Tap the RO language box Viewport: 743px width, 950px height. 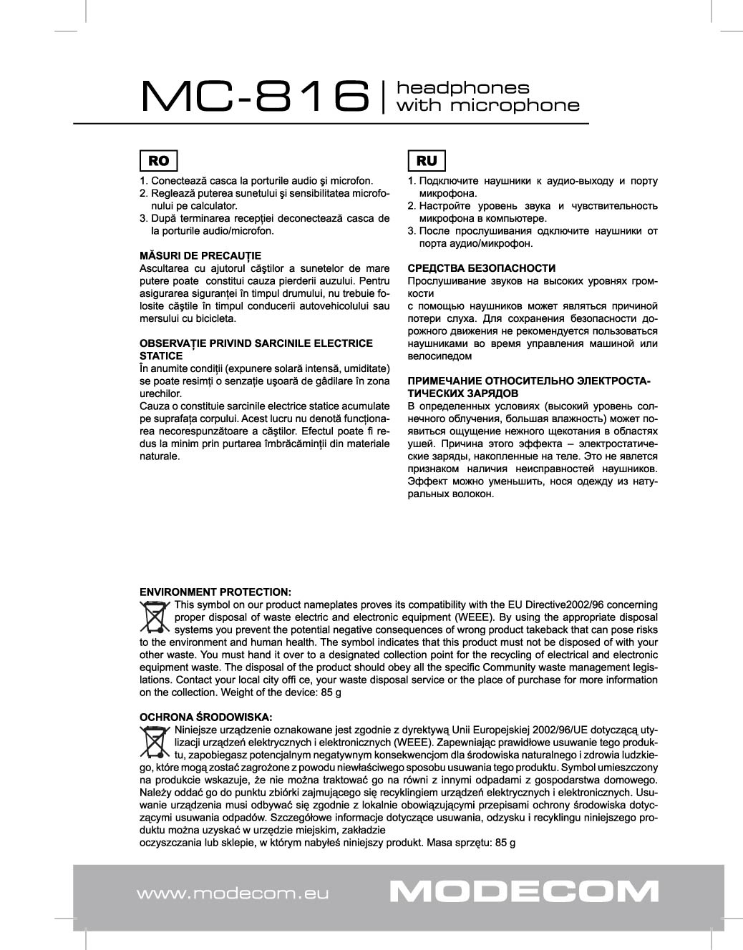click(x=158, y=160)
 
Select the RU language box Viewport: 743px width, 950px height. click(x=426, y=160)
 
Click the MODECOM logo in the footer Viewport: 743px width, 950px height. click(x=525, y=891)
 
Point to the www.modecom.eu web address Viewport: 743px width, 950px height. click(x=232, y=893)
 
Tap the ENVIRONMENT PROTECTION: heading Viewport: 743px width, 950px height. click(x=215, y=592)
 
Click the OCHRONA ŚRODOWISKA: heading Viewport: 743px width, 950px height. click(x=206, y=717)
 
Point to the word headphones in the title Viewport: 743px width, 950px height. click(x=463, y=88)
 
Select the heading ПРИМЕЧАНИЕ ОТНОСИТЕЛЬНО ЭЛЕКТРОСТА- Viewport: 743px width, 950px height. click(x=529, y=381)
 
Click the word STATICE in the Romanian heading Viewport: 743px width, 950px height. click(x=161, y=356)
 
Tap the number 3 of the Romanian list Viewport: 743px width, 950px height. click(x=143, y=218)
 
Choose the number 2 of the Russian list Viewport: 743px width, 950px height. click(x=412, y=206)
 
